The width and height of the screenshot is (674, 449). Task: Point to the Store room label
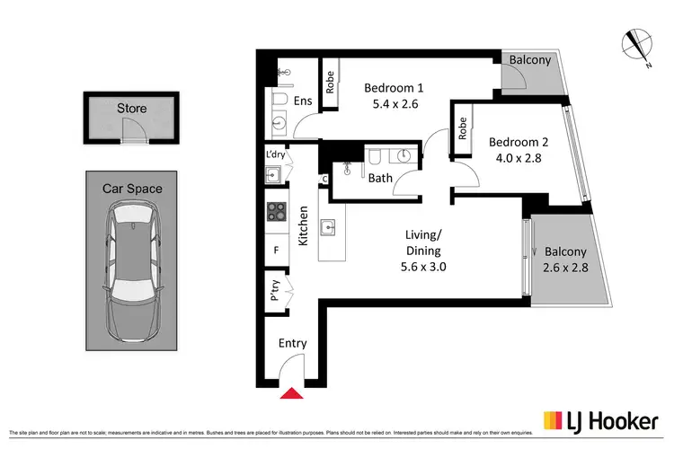[131, 109]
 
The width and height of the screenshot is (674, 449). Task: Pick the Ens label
[303, 101]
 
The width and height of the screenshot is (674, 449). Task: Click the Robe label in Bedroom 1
[330, 84]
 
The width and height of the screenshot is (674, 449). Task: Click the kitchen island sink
[329, 227]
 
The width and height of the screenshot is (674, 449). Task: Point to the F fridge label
[275, 251]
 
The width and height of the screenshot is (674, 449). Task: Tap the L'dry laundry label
[275, 154]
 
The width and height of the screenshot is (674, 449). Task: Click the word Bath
[380, 178]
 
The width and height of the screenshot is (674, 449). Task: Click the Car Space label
[131, 189]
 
